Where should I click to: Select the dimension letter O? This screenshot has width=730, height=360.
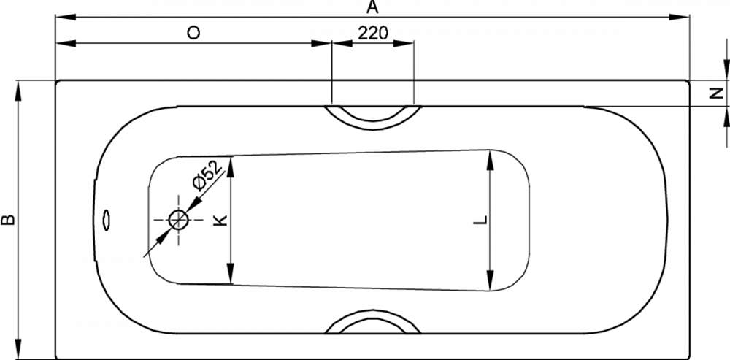tap(193, 33)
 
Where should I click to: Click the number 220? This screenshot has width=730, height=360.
tap(373, 33)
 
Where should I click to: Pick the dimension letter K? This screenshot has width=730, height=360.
tap(222, 219)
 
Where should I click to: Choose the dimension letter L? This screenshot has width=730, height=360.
tap(480, 220)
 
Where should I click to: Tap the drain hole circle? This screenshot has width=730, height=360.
tap(178, 219)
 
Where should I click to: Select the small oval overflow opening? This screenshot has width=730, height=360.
tap(107, 220)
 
